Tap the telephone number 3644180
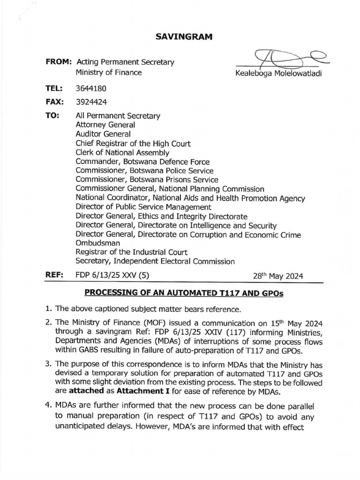(x=90, y=88)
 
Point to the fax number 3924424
(x=90, y=101)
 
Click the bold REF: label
(x=54, y=276)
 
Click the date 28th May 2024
(x=278, y=276)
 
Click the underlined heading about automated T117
(x=184, y=293)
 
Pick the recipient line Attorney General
(x=105, y=125)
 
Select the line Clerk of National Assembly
(x=122, y=152)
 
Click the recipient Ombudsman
(x=97, y=243)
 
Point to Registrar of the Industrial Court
(x=131, y=252)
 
